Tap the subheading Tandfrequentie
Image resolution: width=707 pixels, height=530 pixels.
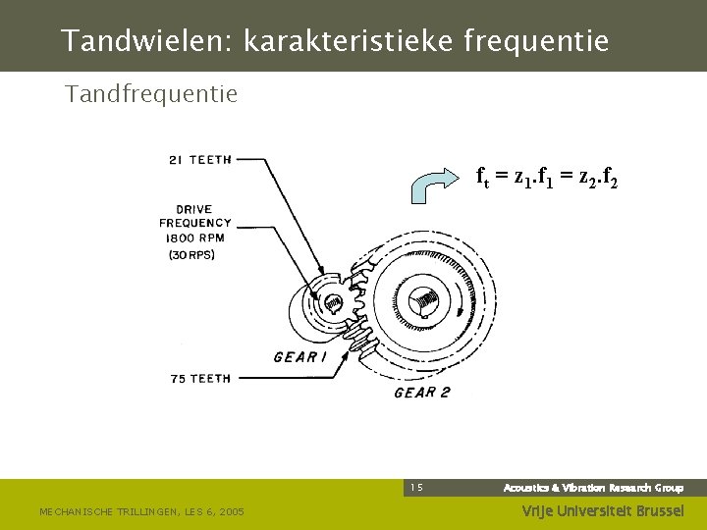151,94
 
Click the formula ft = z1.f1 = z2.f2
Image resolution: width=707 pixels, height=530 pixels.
546,178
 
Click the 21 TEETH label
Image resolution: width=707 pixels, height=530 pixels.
199,161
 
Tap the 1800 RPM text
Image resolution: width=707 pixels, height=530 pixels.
195,238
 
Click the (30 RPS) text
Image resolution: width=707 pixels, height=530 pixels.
191,254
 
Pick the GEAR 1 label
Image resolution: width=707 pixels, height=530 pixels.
300,357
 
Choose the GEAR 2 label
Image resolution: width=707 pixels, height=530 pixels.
421,393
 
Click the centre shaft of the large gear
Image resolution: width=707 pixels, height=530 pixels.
424,300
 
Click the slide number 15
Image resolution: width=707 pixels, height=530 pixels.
416,488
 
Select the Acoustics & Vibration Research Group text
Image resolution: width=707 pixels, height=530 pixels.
593,488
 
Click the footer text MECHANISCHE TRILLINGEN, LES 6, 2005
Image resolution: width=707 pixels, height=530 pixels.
141,511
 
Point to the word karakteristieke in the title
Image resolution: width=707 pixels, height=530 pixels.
343,41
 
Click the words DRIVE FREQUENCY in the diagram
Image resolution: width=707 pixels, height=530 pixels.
195,216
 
